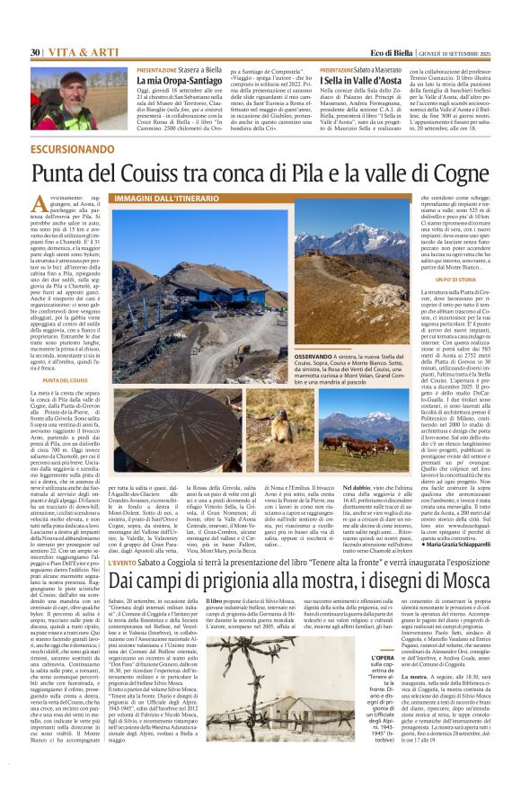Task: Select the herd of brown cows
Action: [373, 440]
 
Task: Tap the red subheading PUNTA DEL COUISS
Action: [56, 381]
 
